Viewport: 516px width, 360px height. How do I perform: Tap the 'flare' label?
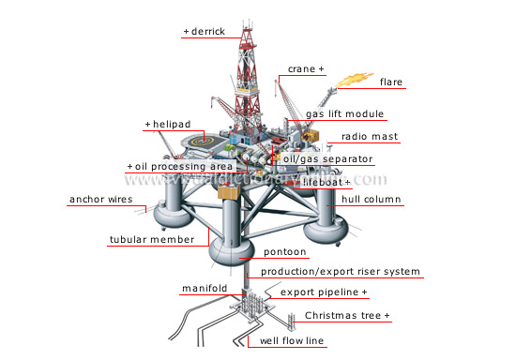(391, 82)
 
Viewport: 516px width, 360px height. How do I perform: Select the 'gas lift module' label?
(345, 114)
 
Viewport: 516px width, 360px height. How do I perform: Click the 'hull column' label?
(372, 200)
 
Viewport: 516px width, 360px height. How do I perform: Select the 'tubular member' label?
(151, 239)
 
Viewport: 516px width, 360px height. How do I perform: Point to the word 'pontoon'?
(287, 252)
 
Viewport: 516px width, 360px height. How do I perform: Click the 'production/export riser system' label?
(341, 272)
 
